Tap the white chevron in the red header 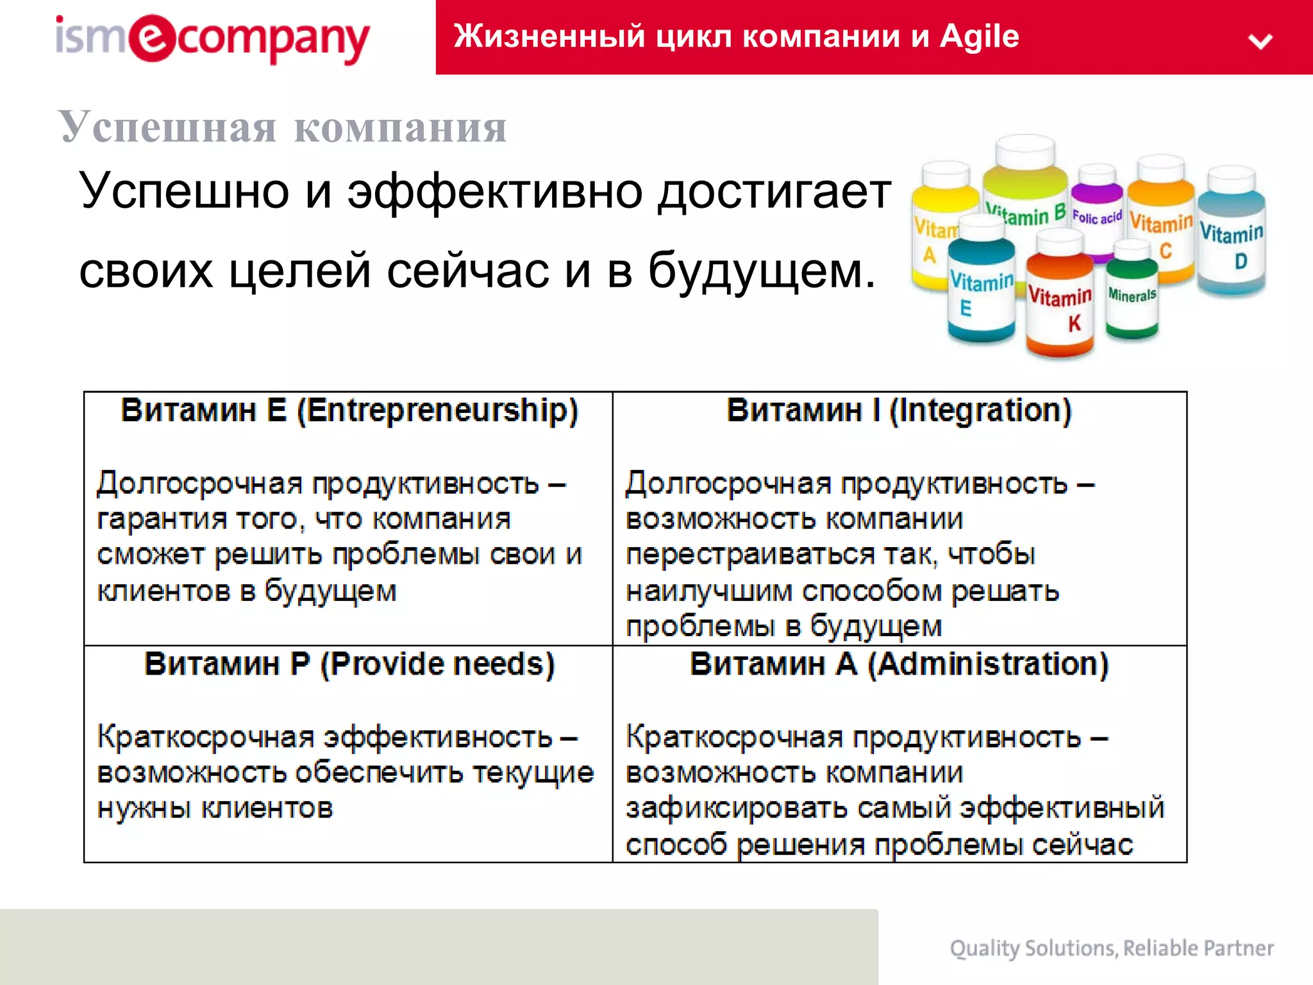pos(1260,42)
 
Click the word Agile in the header pos(979,36)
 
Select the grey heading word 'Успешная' pos(167,126)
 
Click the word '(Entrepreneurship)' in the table pos(437,410)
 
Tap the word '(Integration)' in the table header pos(980,410)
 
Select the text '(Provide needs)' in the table pos(437,664)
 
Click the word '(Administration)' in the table pos(988,664)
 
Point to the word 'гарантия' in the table pos(162,519)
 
